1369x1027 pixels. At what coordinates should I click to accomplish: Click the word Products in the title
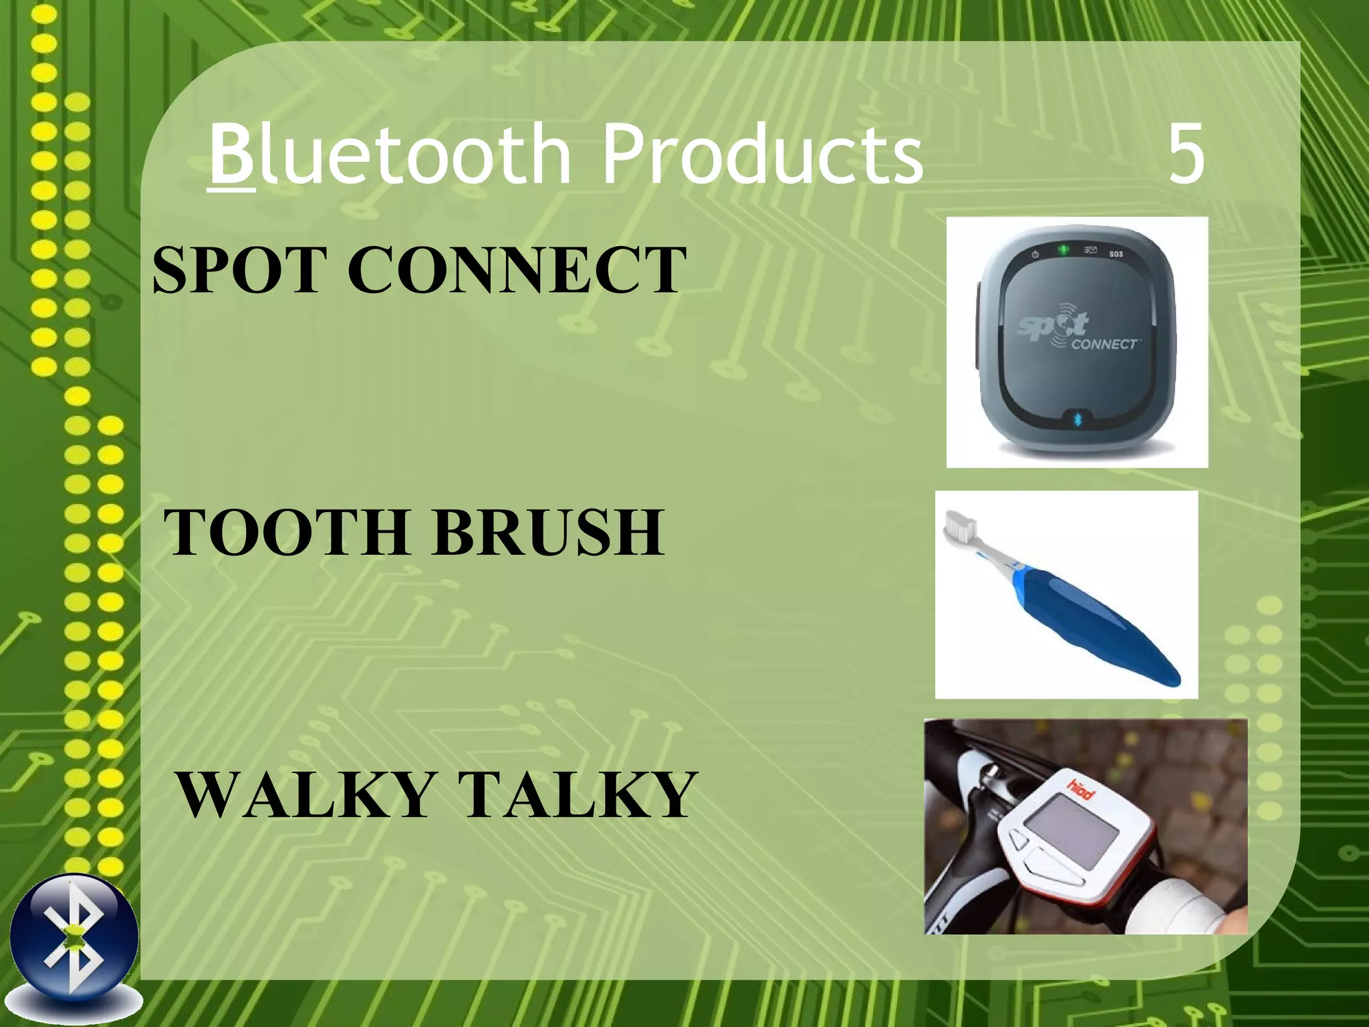(762, 155)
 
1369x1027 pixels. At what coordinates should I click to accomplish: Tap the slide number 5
(1187, 155)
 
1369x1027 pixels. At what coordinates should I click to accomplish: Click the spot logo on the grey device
(1053, 327)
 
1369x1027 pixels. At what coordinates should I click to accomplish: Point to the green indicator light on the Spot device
(1064, 249)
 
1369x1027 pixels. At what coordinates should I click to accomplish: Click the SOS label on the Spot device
(1116, 254)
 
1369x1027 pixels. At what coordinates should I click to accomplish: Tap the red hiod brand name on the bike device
(1080, 788)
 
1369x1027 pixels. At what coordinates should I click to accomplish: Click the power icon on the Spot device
(1035, 254)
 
